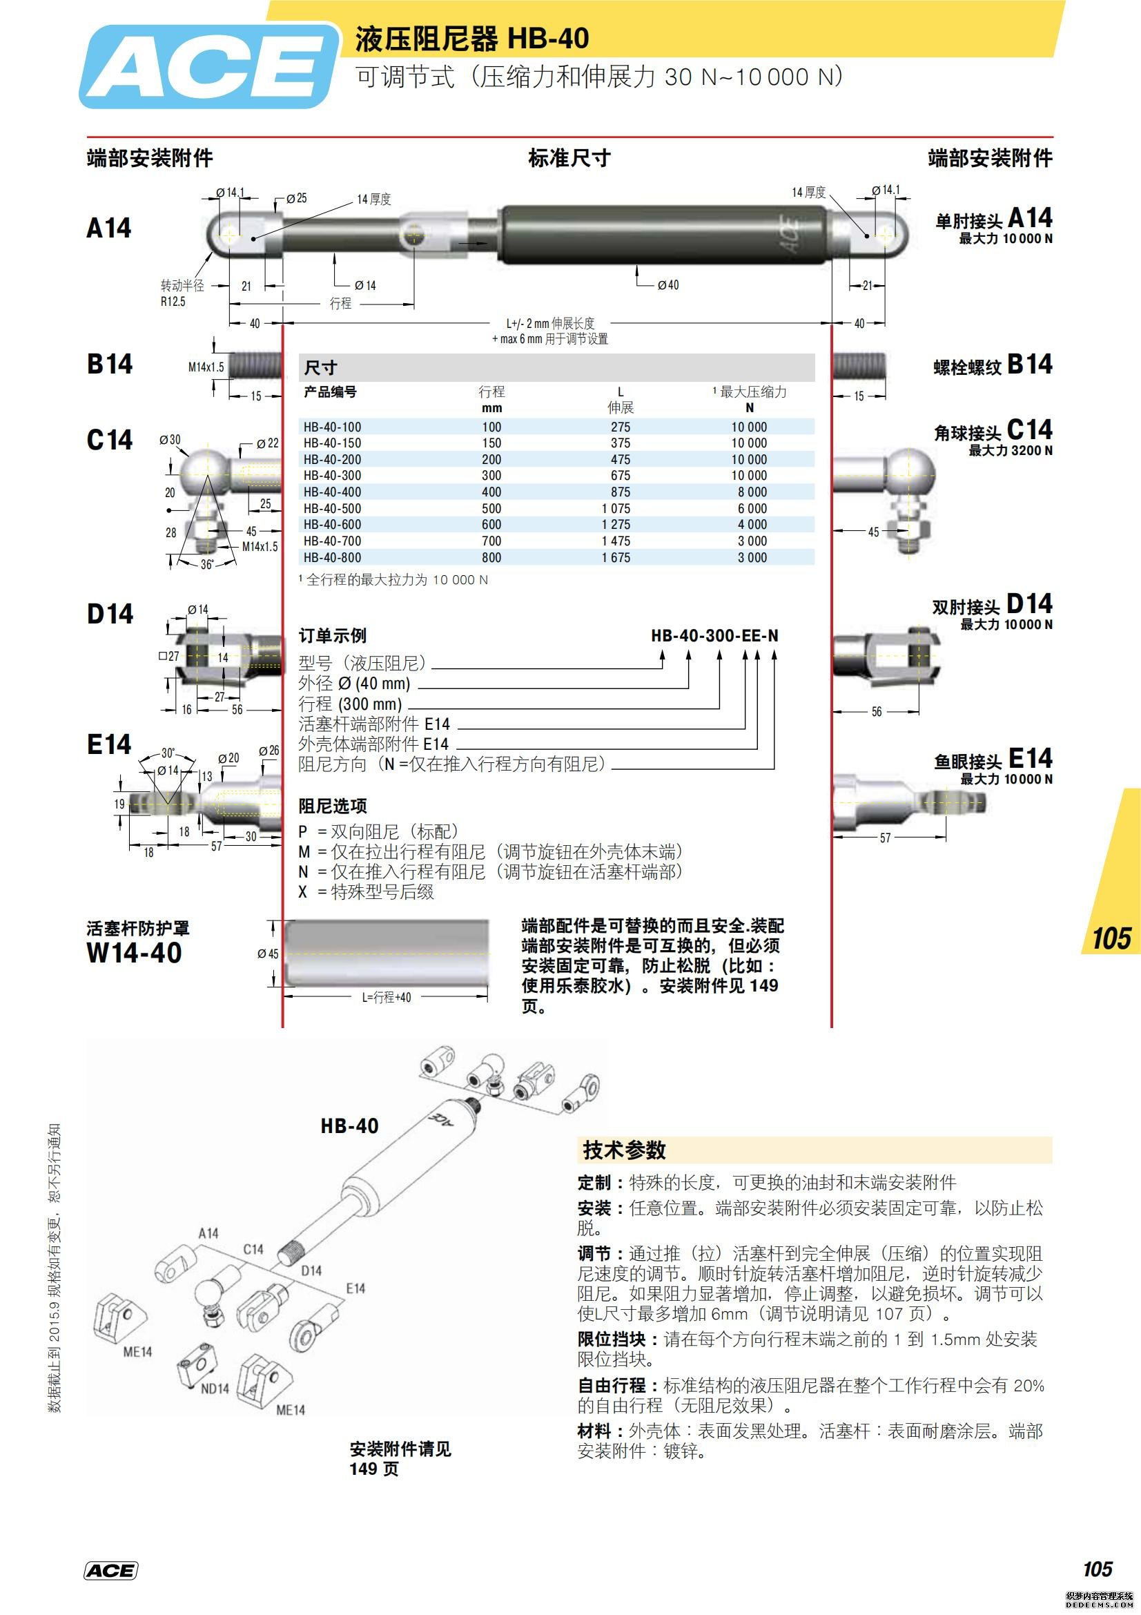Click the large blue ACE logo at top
[207, 68]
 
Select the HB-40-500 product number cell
[332, 509]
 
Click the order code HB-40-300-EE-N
[714, 636]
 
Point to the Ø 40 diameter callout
[668, 285]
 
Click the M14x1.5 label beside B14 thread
[206, 367]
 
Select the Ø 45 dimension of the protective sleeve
[267, 954]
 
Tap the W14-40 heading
[135, 953]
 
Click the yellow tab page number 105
[1111, 939]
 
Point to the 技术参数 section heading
[623, 1151]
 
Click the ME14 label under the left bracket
[137, 1351]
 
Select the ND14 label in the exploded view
[215, 1389]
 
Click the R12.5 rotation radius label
[173, 302]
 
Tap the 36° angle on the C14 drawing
[206, 564]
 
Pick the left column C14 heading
[110, 440]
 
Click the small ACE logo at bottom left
[111, 1571]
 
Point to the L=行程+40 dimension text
[386, 998]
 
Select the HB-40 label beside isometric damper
[349, 1126]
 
